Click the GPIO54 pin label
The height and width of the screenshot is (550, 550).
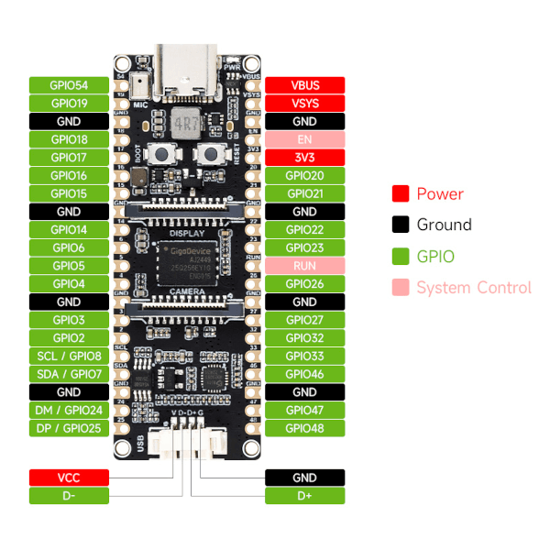[69, 85]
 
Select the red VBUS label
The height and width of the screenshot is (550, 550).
[304, 85]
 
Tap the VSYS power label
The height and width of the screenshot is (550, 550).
[304, 104]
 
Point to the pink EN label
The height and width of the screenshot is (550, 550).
[304, 139]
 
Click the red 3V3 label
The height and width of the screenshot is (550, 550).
[304, 158]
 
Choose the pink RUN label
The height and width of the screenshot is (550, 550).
[304, 266]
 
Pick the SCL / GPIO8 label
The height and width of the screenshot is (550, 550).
[69, 356]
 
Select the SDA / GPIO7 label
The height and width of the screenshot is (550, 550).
[69, 374]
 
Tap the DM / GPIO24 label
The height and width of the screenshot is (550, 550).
[69, 410]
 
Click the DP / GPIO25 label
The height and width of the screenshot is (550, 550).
[69, 428]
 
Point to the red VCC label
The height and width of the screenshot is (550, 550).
[69, 478]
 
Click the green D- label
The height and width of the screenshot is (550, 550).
[69, 496]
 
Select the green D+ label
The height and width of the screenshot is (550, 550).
[304, 496]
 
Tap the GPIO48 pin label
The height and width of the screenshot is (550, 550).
[304, 428]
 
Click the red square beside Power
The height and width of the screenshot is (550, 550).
[400, 194]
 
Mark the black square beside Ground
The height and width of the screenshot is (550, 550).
[400, 225]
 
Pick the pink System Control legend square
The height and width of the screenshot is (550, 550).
[400, 288]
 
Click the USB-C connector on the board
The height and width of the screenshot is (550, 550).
[188, 69]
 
